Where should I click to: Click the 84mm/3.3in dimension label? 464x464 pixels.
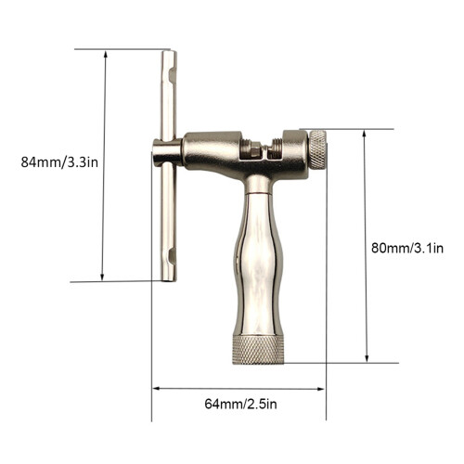59,161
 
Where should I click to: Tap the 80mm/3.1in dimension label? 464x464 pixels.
407,248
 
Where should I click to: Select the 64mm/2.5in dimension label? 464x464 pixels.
240,404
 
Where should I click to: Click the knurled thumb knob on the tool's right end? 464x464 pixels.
318,149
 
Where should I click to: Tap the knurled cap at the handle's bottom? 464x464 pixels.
258,350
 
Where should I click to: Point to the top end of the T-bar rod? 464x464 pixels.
169,52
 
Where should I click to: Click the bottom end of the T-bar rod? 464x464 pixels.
169,279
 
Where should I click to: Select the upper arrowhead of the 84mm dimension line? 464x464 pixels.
106,54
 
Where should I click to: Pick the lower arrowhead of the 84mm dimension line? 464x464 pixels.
102,277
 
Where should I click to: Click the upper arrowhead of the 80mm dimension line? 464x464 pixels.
364,134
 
